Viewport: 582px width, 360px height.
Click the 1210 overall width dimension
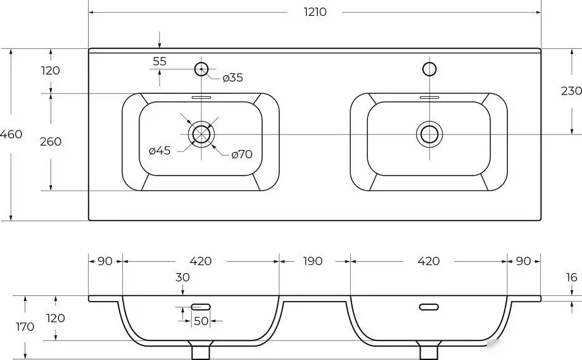click(x=315, y=12)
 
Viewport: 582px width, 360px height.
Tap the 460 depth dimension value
click(x=11, y=134)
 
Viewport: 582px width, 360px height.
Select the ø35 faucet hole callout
click(x=232, y=78)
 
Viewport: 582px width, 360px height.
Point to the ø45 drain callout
click(x=160, y=150)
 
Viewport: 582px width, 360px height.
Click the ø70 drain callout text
click(x=242, y=154)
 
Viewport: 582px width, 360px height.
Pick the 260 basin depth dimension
click(x=51, y=141)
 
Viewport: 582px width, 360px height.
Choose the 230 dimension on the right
click(x=571, y=91)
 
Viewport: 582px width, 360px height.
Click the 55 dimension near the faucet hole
click(x=160, y=61)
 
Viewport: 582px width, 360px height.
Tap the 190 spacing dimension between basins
click(x=312, y=261)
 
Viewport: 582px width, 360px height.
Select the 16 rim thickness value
click(x=572, y=277)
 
